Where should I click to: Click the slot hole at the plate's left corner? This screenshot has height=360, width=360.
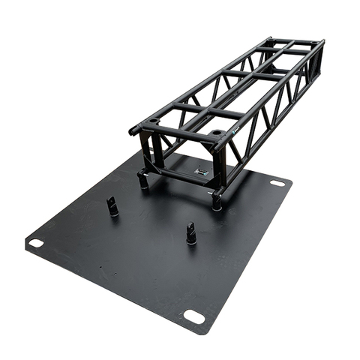(x=35, y=242)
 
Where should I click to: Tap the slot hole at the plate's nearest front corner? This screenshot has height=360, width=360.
(x=193, y=316)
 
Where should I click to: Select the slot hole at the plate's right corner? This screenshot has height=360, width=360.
(x=277, y=182)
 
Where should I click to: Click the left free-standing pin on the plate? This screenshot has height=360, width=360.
(x=112, y=206)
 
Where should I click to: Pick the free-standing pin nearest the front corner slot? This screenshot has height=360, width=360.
(x=191, y=233)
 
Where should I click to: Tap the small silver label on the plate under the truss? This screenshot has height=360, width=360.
(x=200, y=170)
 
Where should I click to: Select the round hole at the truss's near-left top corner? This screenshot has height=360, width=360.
(x=154, y=121)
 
